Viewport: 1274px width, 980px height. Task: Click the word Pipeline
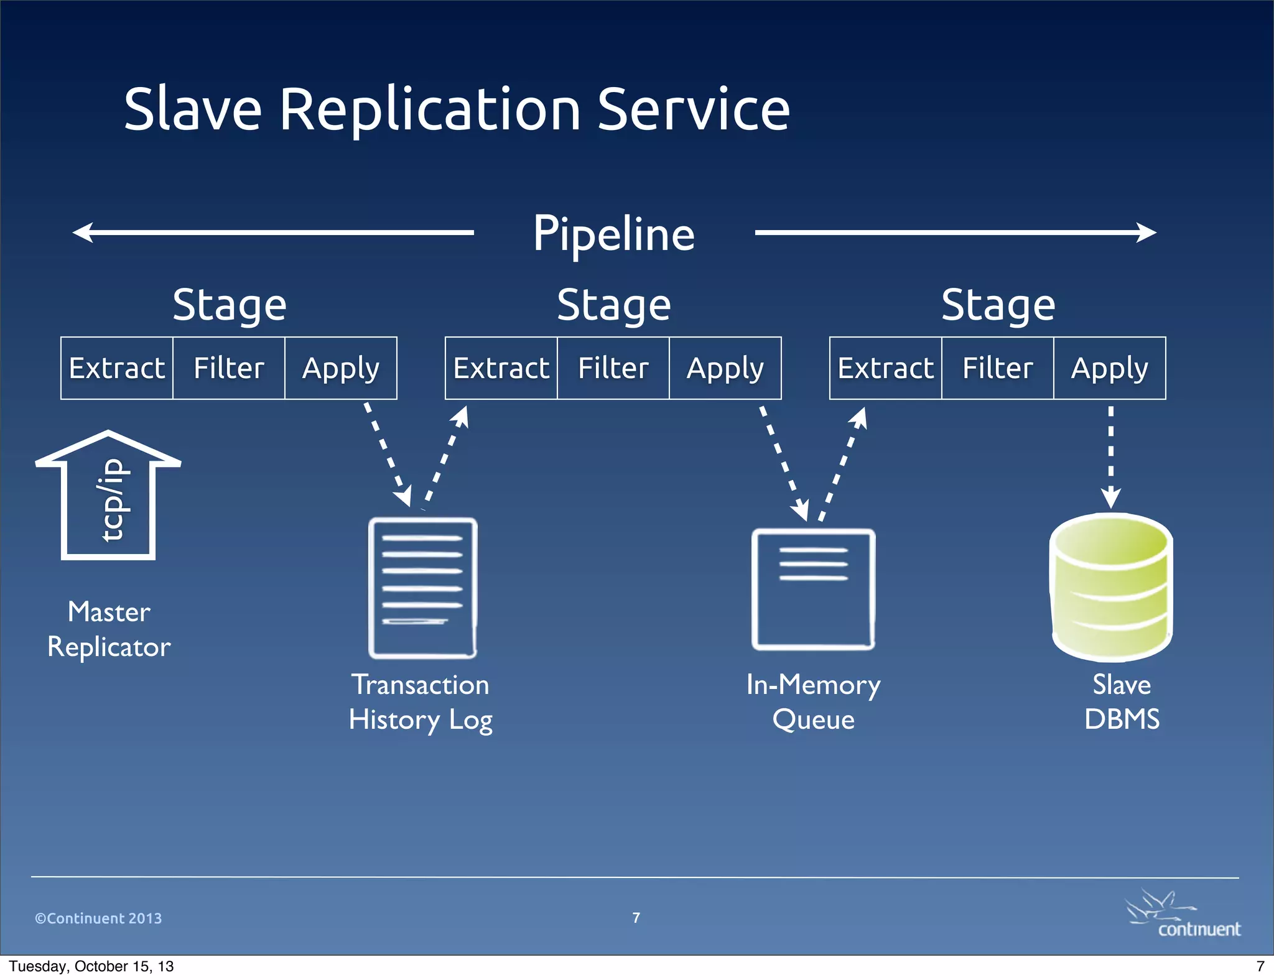tap(613, 234)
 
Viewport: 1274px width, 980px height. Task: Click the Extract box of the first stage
tap(117, 368)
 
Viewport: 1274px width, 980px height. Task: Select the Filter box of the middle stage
tap(613, 368)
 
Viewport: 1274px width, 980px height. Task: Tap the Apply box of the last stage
tap(1110, 368)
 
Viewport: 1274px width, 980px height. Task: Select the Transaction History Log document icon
tap(423, 588)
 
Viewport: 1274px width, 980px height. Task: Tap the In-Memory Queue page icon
tap(814, 589)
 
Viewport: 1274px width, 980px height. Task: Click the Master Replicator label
tap(109, 629)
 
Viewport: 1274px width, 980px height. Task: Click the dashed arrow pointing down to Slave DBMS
tap(1111, 457)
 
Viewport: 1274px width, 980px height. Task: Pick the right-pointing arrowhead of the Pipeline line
tap(1146, 233)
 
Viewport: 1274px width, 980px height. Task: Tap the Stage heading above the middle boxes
tap(613, 305)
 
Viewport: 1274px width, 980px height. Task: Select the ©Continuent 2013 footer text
tap(98, 918)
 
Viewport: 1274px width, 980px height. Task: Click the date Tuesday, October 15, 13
tap(91, 966)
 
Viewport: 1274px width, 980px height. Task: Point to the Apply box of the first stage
tap(341, 368)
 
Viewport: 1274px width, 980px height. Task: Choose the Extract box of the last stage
tap(886, 368)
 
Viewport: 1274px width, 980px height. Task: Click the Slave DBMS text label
tap(1122, 702)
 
